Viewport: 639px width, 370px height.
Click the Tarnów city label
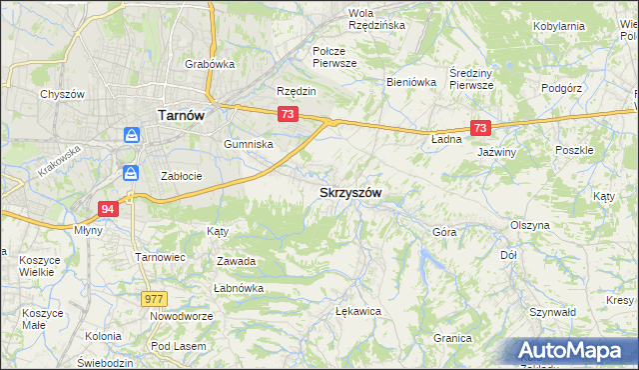[x=181, y=115]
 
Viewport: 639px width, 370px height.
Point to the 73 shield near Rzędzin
[x=288, y=115]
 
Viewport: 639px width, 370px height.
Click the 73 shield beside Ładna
[x=481, y=128]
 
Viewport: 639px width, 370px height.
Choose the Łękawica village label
[x=359, y=311]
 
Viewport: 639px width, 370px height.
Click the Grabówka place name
[x=210, y=64]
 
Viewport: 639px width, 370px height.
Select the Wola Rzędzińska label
[x=374, y=19]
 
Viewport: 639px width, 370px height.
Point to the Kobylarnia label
[x=587, y=26]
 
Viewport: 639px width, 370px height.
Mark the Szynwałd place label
[x=555, y=312]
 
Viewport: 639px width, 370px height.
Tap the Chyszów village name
[x=60, y=94]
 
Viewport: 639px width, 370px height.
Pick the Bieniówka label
[x=411, y=82]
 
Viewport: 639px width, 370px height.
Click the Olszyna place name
[x=530, y=225]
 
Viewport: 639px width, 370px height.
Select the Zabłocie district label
[x=182, y=176]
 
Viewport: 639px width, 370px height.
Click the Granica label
[x=452, y=338]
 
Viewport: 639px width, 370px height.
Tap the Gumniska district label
[x=249, y=144]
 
